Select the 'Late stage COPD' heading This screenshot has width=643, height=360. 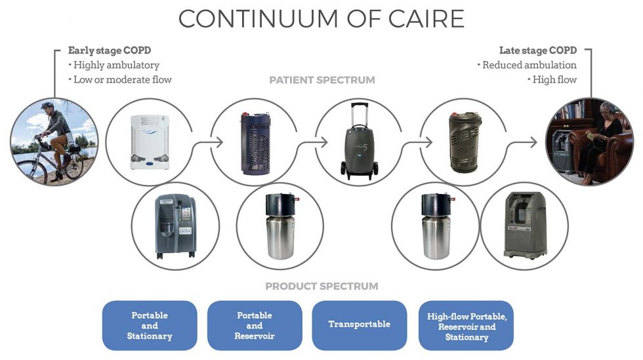point(537,50)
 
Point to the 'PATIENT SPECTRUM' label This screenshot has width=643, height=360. point(322,80)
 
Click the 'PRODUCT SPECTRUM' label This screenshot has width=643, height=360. point(321,287)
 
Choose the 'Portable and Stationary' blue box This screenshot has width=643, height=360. point(150,325)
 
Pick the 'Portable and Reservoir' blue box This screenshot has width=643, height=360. point(255,325)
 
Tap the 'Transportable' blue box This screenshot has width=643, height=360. point(359,325)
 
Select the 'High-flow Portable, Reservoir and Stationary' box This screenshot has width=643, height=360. point(466,326)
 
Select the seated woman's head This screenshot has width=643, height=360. point(603,108)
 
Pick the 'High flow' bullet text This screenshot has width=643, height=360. point(554,80)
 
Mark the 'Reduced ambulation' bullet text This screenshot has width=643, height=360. point(529,65)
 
